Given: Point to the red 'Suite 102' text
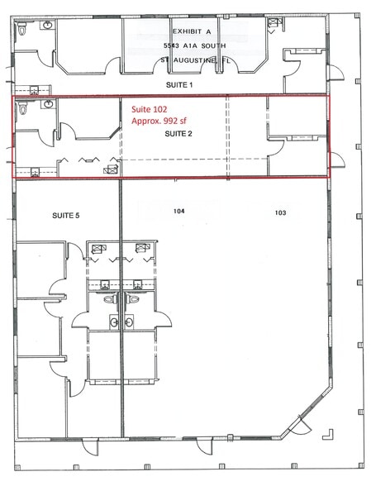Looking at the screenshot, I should click(x=150, y=108).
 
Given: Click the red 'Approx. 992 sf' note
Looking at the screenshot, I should click(x=159, y=121).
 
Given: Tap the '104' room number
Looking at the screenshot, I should click(x=178, y=212).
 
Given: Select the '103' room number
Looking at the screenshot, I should click(x=280, y=212).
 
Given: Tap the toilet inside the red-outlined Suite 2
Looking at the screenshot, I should click(x=24, y=108).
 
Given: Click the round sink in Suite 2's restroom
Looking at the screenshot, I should click(x=48, y=105).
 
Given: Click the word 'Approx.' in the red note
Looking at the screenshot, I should click(x=145, y=121).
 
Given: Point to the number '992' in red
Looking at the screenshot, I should click(x=169, y=121).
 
